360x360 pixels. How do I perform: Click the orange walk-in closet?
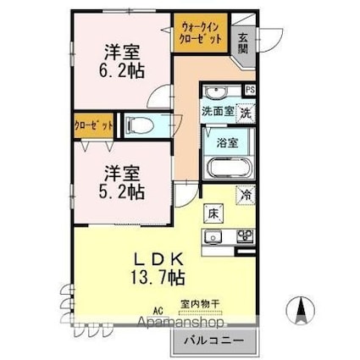point(200,35)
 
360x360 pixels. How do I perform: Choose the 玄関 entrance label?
point(243,42)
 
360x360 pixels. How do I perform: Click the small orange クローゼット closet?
point(93,125)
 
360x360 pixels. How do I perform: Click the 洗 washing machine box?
point(244,111)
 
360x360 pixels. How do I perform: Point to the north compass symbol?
point(300,311)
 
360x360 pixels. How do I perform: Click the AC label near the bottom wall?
point(158,311)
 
